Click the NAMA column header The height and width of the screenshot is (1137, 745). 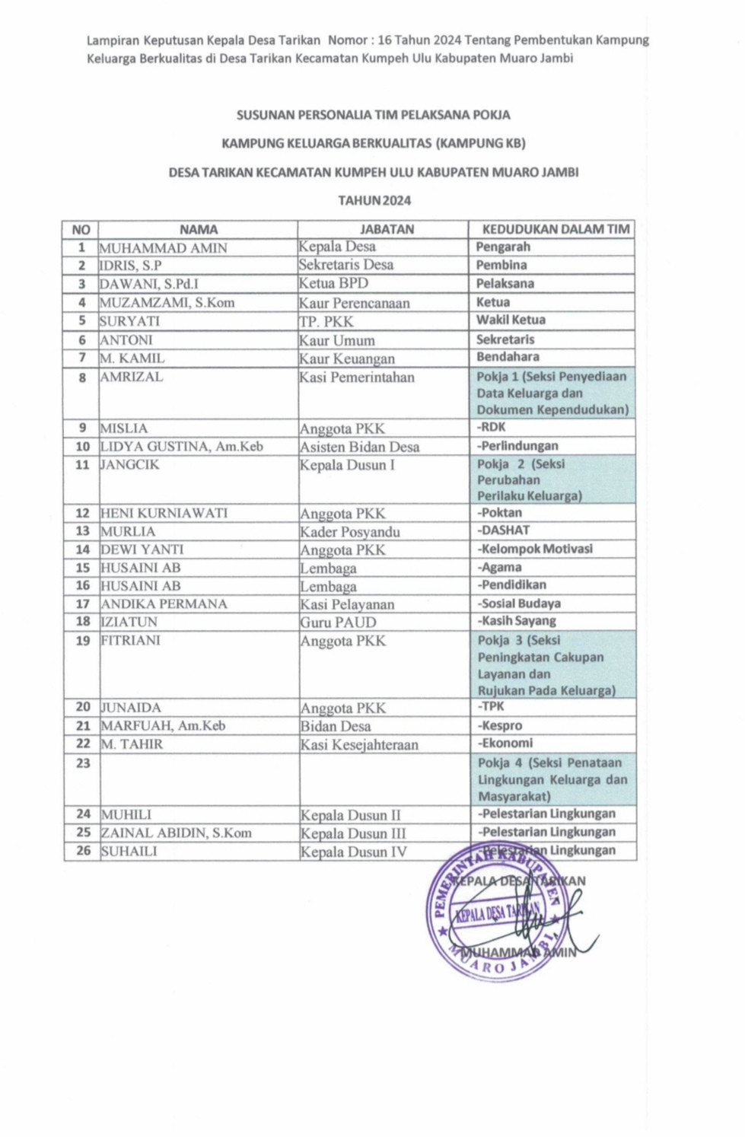click(198, 229)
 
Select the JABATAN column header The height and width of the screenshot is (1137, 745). click(387, 229)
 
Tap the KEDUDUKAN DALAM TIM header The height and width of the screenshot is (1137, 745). click(556, 229)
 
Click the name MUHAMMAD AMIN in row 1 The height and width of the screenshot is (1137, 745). click(163, 247)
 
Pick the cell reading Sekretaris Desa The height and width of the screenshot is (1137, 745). click(345, 265)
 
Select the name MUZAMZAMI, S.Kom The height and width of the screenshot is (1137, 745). click(167, 302)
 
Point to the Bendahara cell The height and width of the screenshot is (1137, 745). click(508, 357)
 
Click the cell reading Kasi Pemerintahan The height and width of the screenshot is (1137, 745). click(356, 377)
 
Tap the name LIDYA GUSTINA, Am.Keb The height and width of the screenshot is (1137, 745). click(182, 447)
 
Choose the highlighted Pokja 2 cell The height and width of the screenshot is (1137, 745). click(552, 479)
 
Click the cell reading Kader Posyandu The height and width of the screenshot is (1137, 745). click(349, 531)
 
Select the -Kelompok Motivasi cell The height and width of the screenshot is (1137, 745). click(535, 549)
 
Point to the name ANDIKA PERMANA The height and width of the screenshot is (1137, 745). click(164, 604)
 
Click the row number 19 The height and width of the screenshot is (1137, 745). click(83, 641)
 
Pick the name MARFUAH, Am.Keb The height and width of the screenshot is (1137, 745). click(163, 725)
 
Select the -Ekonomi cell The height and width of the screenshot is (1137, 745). click(505, 744)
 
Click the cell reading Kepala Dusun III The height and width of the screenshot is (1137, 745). click(353, 833)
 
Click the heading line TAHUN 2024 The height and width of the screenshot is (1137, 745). click(374, 201)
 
